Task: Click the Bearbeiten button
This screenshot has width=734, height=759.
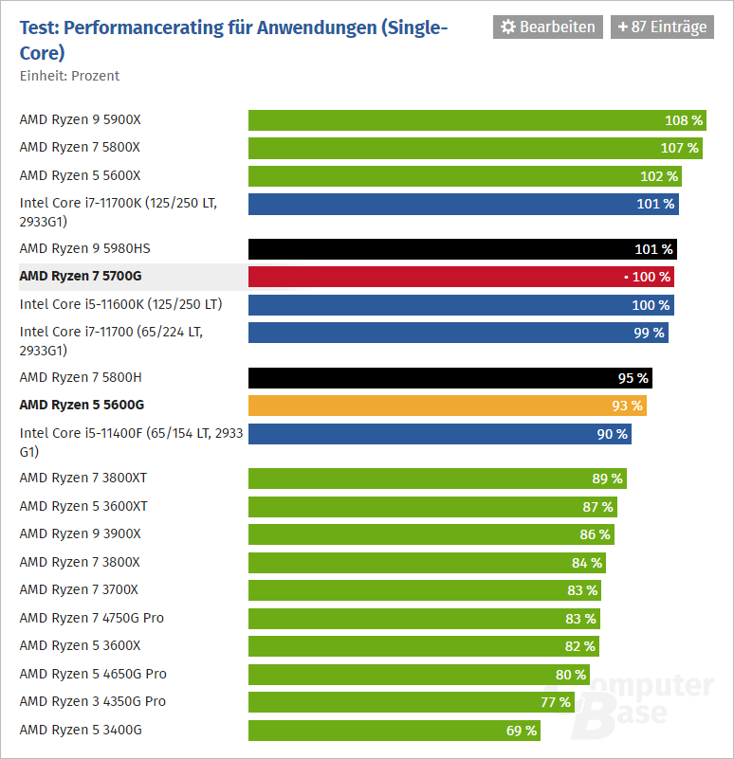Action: (547, 27)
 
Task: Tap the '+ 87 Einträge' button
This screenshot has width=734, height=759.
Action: (662, 27)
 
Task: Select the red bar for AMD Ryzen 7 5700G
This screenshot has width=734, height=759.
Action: (461, 277)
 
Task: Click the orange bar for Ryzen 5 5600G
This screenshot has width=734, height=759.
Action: (447, 406)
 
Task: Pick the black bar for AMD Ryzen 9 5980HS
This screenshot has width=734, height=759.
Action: (462, 249)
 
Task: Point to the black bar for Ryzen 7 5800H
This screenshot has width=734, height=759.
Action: (450, 378)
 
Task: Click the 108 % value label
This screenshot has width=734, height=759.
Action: (684, 120)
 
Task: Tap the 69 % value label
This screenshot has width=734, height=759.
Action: (522, 731)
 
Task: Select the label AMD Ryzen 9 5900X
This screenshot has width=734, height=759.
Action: (80, 120)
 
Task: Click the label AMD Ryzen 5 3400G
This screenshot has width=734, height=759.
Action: (80, 730)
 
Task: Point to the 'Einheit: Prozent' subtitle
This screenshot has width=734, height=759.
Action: (69, 76)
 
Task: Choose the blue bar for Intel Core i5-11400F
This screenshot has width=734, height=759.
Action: (439, 434)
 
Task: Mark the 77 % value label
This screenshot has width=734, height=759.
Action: (556, 702)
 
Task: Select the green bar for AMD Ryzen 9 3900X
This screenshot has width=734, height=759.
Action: (431, 534)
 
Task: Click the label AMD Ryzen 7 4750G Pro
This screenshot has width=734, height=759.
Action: (91, 618)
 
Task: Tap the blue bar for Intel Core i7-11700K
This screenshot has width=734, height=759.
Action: (463, 204)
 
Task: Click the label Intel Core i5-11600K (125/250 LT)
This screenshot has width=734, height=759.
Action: (120, 304)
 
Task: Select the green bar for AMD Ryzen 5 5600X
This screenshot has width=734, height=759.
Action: (465, 176)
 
